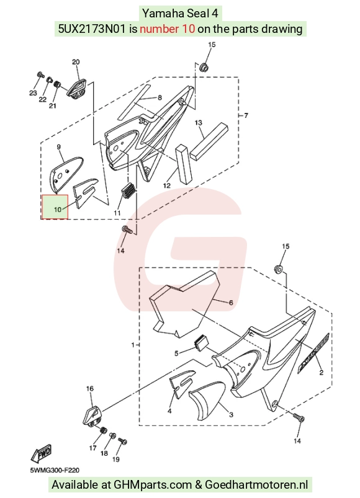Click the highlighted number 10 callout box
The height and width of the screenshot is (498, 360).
[x=55, y=207]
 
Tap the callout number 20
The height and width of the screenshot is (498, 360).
[x=76, y=62]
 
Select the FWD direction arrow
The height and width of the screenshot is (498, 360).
[x=41, y=453]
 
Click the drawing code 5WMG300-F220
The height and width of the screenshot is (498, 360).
[x=55, y=470]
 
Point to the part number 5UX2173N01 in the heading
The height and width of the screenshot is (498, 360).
[x=93, y=29]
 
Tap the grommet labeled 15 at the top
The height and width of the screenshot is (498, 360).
[x=203, y=67]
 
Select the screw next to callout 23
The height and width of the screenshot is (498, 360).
[x=40, y=74]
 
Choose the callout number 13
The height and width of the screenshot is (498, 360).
[x=198, y=123]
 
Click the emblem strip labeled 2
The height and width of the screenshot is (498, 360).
[x=313, y=352]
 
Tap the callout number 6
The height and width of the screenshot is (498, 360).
[x=231, y=303]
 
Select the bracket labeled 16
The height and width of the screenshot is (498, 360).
[x=91, y=415]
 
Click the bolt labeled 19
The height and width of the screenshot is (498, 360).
[x=122, y=441]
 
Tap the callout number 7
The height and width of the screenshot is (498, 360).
[x=246, y=115]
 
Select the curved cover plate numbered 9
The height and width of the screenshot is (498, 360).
[x=65, y=175]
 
